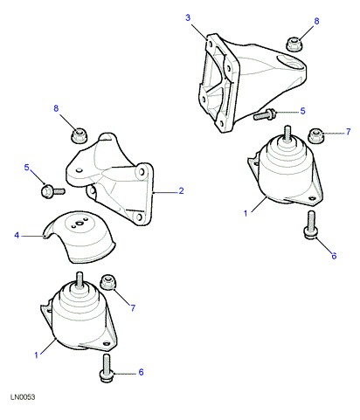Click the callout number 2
coord(181,190)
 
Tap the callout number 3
coord(188,17)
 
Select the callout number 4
coord(17,235)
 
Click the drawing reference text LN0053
coord(23,397)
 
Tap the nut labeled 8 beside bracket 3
coord(294,45)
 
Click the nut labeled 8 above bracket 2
coord(79,135)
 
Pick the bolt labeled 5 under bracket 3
coord(265,114)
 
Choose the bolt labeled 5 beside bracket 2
coord(52,191)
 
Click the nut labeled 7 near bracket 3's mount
coord(315,135)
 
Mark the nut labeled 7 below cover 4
coord(108,282)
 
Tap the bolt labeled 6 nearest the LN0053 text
coord(106,368)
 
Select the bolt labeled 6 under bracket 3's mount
coord(311,224)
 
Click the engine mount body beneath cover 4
coord(79,317)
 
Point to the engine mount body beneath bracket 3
coord(286,172)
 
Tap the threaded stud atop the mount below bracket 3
coord(287,133)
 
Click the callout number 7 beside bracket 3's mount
coord(349,132)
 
